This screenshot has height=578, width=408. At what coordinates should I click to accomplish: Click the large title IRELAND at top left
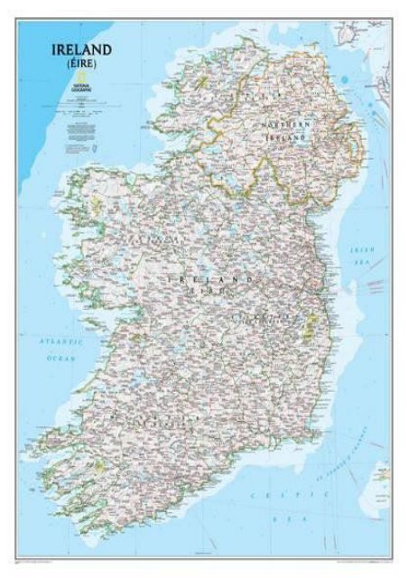point(81,49)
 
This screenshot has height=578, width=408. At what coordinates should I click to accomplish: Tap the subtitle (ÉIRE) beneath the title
point(81,66)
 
